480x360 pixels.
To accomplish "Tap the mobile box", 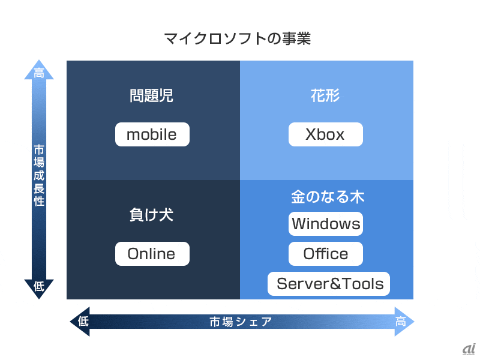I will tap(152, 134).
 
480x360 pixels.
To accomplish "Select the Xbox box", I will tap(325, 134).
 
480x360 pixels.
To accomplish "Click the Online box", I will tap(152, 254).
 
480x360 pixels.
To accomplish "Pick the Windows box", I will tap(326, 224).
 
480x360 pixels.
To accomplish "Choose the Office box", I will tap(326, 254).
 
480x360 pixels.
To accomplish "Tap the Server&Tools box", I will tap(329, 284).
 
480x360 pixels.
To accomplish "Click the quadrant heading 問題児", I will tap(151, 95).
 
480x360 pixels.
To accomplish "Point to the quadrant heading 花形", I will tap(326, 95).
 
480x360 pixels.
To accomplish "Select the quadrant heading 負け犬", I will tap(151, 215).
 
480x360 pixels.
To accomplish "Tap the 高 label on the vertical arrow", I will tap(39, 74).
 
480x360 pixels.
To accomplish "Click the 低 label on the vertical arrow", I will tap(39, 286).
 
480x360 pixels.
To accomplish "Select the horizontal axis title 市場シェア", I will tap(241, 322).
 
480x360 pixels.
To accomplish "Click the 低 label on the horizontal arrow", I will tap(83, 322).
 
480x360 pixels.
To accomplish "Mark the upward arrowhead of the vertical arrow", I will tap(39, 66).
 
